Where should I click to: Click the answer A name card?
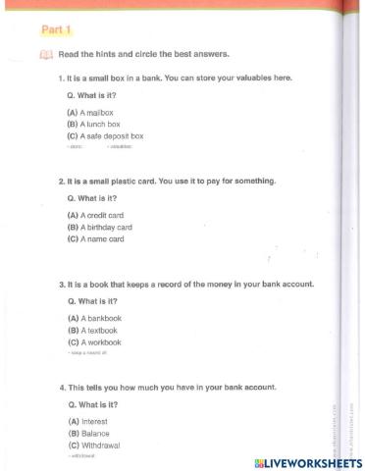pos(95,238)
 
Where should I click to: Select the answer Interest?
pos(87,421)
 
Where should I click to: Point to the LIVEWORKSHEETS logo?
pos(307,461)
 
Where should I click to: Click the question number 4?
pos(61,387)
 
